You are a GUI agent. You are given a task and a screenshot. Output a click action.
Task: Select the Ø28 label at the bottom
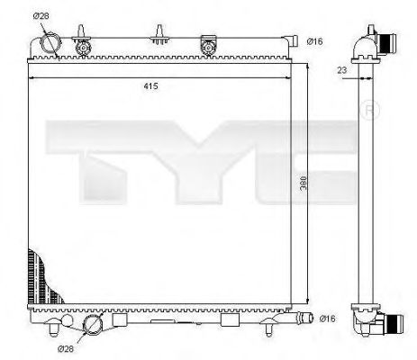tap(64, 347)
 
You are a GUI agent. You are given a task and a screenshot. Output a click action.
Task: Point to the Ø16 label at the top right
tap(314, 40)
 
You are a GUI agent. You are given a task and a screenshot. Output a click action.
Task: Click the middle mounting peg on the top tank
tap(160, 35)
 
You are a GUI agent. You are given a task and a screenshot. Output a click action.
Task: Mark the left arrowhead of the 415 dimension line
tap(33, 79)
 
